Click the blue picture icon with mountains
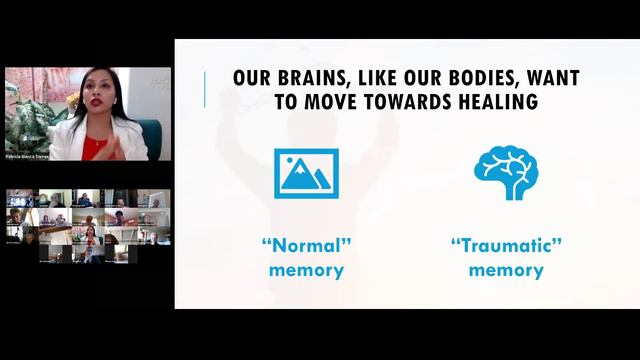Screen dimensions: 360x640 pos(306,173)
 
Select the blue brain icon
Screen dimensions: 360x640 pos(506,172)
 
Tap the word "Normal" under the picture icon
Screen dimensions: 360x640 pos(306,246)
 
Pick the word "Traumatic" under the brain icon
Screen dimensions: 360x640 pos(506,246)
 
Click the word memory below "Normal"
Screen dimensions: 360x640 pos(306,269)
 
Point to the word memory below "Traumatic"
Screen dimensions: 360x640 pos(506,269)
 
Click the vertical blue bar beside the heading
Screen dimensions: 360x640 pos(205,90)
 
